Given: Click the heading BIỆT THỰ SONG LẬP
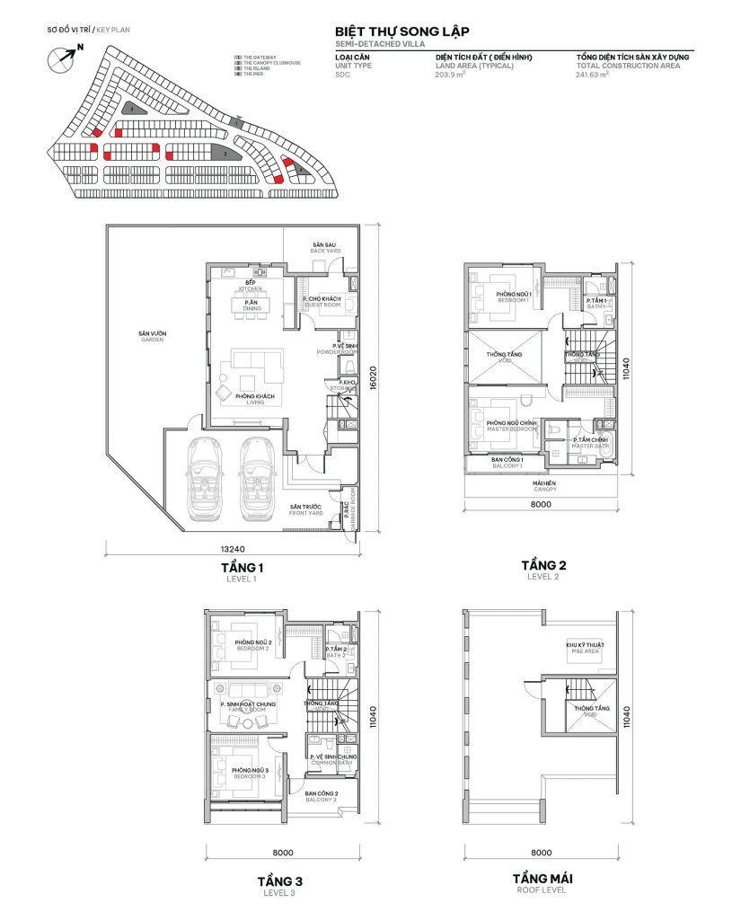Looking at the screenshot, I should click(401, 31).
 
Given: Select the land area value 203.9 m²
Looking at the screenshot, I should click(451, 75).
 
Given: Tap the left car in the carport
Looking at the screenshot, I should click(206, 479).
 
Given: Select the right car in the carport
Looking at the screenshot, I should click(258, 479).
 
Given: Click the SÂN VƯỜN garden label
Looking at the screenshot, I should click(152, 337).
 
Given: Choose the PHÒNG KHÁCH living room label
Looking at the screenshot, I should click(252, 399).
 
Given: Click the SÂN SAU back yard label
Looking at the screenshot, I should click(323, 247).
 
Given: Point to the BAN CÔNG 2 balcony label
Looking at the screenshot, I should click(321, 796).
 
